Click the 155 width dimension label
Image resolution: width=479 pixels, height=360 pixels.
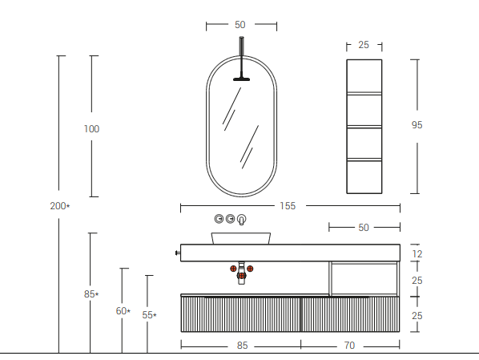pos(288,206)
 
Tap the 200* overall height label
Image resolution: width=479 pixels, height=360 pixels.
pos(60,206)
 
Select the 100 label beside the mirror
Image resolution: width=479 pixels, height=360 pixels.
pos(91,129)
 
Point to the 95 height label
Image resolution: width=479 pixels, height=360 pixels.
pos(417,125)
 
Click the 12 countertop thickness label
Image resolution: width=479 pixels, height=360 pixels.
pos(417,254)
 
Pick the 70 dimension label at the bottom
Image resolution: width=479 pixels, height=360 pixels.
pos(349,346)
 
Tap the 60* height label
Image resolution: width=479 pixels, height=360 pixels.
pos(123,311)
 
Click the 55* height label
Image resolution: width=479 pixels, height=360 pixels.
pos(149,315)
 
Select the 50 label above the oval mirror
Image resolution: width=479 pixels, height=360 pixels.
pos(240,25)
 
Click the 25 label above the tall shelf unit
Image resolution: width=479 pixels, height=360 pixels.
pos(364,45)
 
